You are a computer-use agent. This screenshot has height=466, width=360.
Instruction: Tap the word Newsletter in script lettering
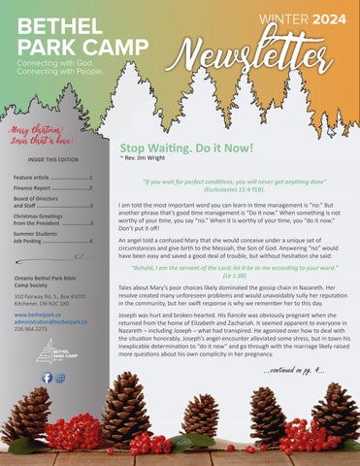[x=269, y=52]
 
